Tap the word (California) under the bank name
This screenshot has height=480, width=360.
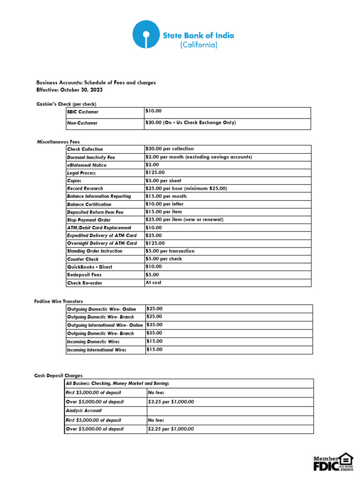coord(199,45)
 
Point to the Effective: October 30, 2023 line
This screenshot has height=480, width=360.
coord(69,90)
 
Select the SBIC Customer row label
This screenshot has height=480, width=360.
coord(83,112)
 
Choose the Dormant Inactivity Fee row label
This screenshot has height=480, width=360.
coord(91,157)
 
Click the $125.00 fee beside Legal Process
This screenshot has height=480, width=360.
coord(156,172)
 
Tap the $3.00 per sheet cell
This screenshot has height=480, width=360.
coord(164,180)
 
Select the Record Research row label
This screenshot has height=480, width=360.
coord(85,188)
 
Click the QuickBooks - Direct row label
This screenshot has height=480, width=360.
coord(90,267)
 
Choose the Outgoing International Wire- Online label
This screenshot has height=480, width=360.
coord(105,325)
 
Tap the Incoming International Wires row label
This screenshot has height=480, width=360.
coord(97,350)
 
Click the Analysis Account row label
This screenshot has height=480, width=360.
coord(84,411)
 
